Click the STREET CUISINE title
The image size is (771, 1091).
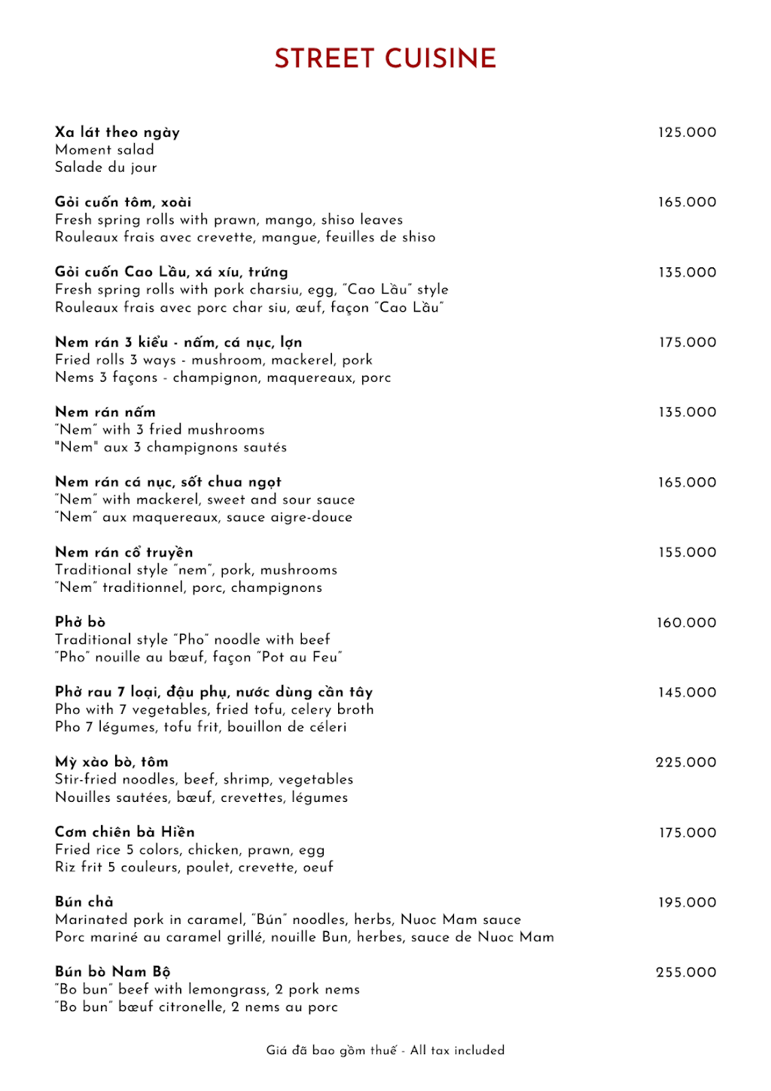coord(385,59)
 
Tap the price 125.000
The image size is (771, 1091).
coord(687,133)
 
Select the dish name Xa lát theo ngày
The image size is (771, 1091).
coord(117,133)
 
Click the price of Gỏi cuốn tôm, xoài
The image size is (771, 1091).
coord(687,203)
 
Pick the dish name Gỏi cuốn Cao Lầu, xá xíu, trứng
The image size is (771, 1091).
coord(172,273)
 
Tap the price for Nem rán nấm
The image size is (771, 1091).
coord(687,413)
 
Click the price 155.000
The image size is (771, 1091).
coord(687,553)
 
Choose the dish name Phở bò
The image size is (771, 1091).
coord(81,622)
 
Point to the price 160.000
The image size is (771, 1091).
coord(686,623)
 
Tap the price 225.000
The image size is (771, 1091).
coord(686,763)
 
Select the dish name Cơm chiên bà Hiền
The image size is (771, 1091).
coord(125,832)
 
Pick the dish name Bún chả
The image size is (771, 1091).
coord(84,902)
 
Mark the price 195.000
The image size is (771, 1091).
coord(687,903)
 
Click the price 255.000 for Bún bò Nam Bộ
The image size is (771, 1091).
coord(686,973)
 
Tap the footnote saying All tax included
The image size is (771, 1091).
coord(457,1050)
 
